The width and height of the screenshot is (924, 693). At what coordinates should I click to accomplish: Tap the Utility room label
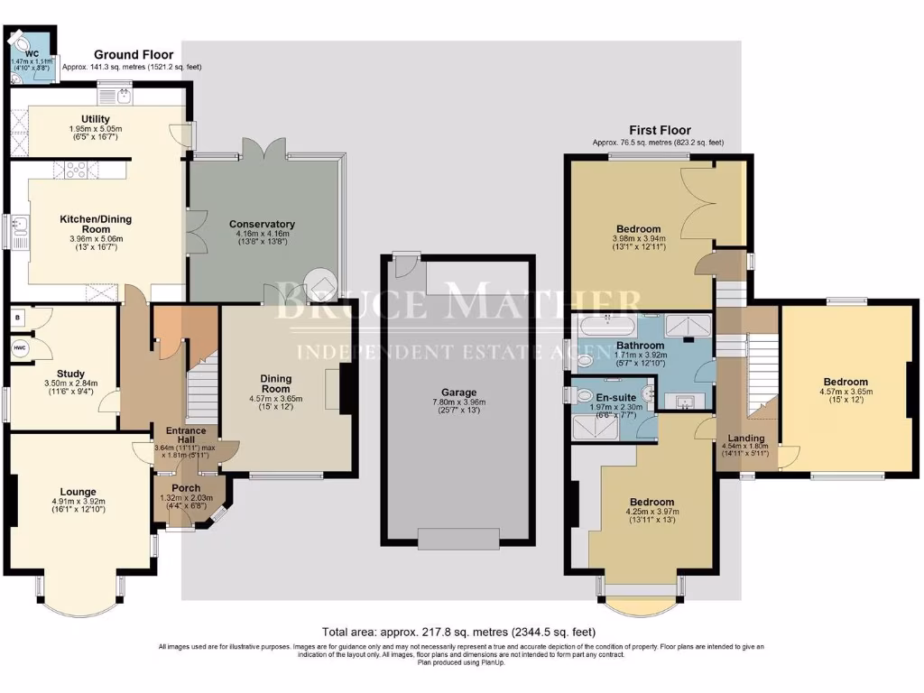[95, 119]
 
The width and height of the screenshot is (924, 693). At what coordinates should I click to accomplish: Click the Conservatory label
[263, 224]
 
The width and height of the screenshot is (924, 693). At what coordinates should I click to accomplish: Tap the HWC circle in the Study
[20, 346]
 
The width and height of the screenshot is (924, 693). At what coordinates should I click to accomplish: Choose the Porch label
[186, 488]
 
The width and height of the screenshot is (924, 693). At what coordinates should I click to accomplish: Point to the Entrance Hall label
[185, 436]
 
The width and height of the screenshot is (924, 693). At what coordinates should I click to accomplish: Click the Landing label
[745, 439]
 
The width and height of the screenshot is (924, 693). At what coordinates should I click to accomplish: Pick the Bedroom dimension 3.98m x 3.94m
[638, 239]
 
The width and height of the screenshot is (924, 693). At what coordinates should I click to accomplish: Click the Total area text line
[459, 632]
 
